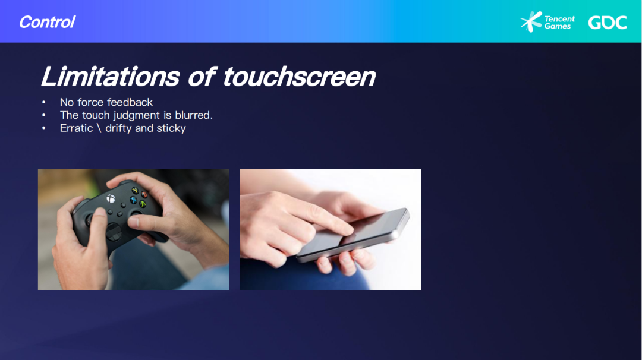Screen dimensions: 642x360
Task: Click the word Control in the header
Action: [x=48, y=21]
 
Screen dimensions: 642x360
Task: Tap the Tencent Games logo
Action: [x=547, y=21]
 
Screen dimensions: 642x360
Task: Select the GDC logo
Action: [x=608, y=23]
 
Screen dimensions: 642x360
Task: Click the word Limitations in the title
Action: [x=111, y=76]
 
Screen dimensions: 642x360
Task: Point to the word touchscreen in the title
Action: [x=299, y=76]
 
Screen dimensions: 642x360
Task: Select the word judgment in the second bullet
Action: [x=136, y=116]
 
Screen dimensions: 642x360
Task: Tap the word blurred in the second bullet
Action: [x=193, y=115]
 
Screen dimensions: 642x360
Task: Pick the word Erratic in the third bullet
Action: [x=77, y=128]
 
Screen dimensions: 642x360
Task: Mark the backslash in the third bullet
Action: [x=99, y=128]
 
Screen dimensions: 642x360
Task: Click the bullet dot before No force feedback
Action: [x=44, y=102]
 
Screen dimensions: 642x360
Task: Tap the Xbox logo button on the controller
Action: [x=111, y=199]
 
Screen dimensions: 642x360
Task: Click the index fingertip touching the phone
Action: [x=347, y=229]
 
